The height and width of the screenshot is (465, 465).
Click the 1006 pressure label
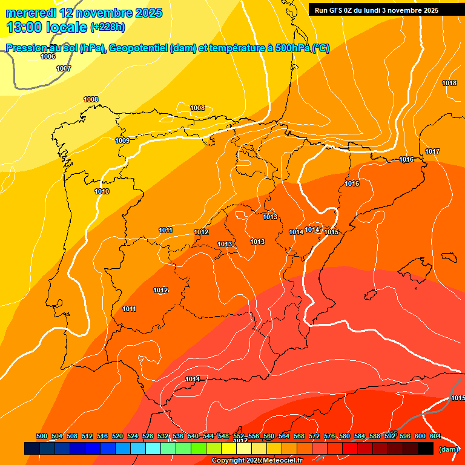pos(48,56)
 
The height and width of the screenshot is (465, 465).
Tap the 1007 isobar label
pos(64,68)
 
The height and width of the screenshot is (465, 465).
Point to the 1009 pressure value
pos(122,140)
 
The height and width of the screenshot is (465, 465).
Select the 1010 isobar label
pos(102,191)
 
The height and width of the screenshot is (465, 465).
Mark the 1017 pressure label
pos(432,151)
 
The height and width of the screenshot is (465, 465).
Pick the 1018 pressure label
pos(449,83)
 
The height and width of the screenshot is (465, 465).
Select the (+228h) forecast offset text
pos(107,27)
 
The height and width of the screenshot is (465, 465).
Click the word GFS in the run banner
pos(339,10)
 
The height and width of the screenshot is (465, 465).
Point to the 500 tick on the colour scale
pos(42,436)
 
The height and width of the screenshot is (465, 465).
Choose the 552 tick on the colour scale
pos(239,436)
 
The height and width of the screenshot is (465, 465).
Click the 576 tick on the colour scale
pos(329,436)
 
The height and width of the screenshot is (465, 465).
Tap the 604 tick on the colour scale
pos(435,436)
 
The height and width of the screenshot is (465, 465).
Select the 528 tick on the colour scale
pos(148,436)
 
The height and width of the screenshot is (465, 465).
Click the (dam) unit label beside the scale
pos(449,449)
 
